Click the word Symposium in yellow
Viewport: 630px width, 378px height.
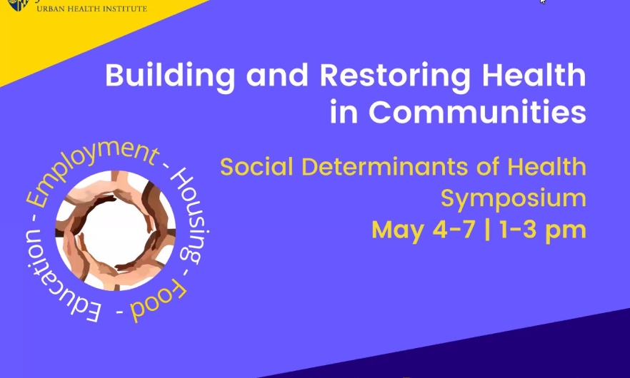(513, 198)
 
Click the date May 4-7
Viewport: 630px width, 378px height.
(423, 230)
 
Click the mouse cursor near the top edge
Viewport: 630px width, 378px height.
(543, 2)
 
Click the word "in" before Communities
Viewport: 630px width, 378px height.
(346, 112)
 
